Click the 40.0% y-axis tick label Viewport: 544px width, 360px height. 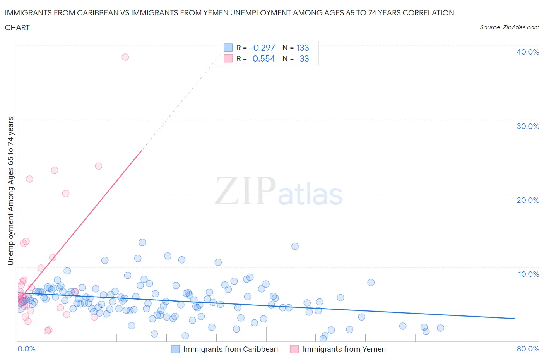point(527,52)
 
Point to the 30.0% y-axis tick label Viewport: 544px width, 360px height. point(527,126)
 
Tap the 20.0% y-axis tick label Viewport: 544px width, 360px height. point(527,200)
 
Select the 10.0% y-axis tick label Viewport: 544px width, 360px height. point(528,274)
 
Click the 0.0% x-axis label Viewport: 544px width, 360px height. point(26,349)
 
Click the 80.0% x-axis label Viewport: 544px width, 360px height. point(528,349)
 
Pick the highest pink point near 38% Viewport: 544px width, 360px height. point(125,57)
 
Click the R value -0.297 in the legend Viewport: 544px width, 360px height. point(262,48)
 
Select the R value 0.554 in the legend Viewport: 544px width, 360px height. point(263,58)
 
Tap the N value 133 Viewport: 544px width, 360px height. point(303,48)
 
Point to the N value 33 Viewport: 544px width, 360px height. point(304,58)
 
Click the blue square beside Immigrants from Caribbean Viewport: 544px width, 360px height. point(175,349)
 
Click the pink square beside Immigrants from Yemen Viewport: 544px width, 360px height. point(294,349)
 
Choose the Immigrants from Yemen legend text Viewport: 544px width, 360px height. point(344,349)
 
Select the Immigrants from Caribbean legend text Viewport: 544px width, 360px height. point(231,349)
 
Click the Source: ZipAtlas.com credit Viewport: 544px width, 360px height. point(509,27)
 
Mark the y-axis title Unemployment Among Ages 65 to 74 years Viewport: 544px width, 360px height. point(10,191)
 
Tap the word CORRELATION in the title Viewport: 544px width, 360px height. point(428,13)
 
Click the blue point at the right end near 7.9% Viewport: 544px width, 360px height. point(371,283)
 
